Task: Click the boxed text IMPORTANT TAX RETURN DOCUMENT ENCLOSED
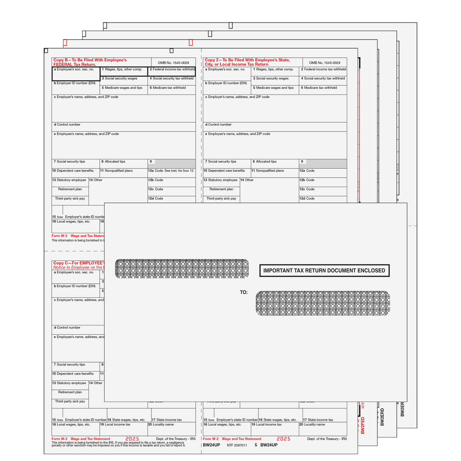click(x=324, y=271)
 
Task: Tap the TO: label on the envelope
click(x=244, y=292)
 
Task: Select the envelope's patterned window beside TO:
click(x=323, y=303)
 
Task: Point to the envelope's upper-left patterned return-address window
click(x=182, y=268)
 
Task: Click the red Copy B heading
click(x=90, y=62)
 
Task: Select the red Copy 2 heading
click(x=247, y=62)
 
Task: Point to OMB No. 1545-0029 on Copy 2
click(x=325, y=63)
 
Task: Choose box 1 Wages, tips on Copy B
click(x=123, y=70)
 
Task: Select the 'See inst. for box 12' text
click(x=179, y=171)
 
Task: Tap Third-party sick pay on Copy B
click(x=70, y=198)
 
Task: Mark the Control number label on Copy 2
click(x=219, y=125)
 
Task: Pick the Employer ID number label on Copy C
click(x=74, y=286)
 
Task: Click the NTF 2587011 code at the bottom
click(x=237, y=445)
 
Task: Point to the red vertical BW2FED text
click(x=363, y=425)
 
